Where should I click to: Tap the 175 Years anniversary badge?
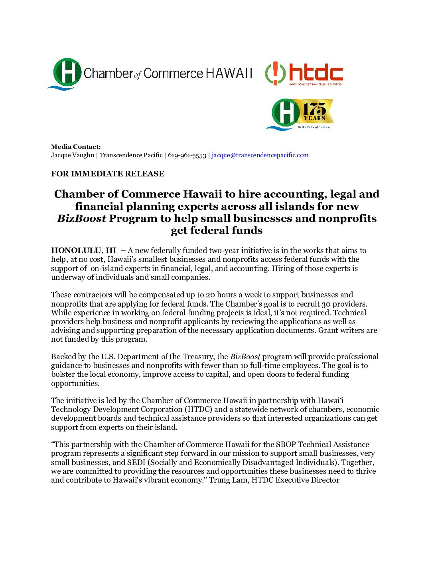point(300,114)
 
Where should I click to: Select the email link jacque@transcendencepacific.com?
point(260,155)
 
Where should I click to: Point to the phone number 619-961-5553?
point(187,155)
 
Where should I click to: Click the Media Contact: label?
point(76,147)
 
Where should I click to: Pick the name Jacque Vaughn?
point(73,155)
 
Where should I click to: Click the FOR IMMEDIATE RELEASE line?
point(108,174)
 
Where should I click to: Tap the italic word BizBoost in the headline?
point(81,218)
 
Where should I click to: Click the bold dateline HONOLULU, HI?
point(83,251)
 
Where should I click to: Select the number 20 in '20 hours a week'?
point(210,295)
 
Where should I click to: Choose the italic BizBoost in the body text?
point(245,357)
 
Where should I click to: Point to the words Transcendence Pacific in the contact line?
point(131,155)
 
